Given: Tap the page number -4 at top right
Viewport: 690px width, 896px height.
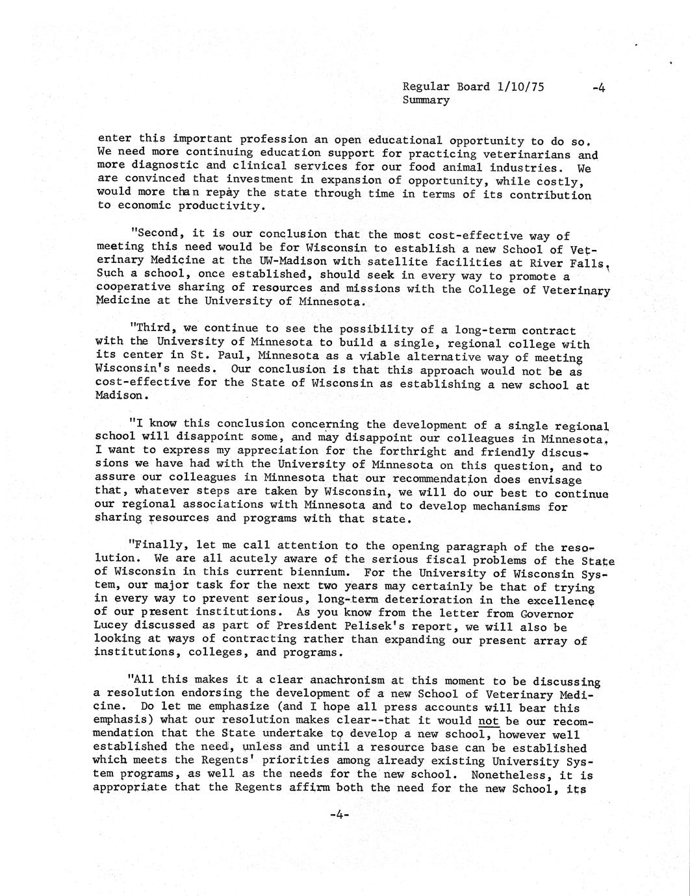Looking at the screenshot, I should tap(598, 88).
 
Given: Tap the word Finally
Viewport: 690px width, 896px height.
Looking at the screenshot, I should tap(156, 545).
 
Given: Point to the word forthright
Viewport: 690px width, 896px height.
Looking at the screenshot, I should tap(406, 451).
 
